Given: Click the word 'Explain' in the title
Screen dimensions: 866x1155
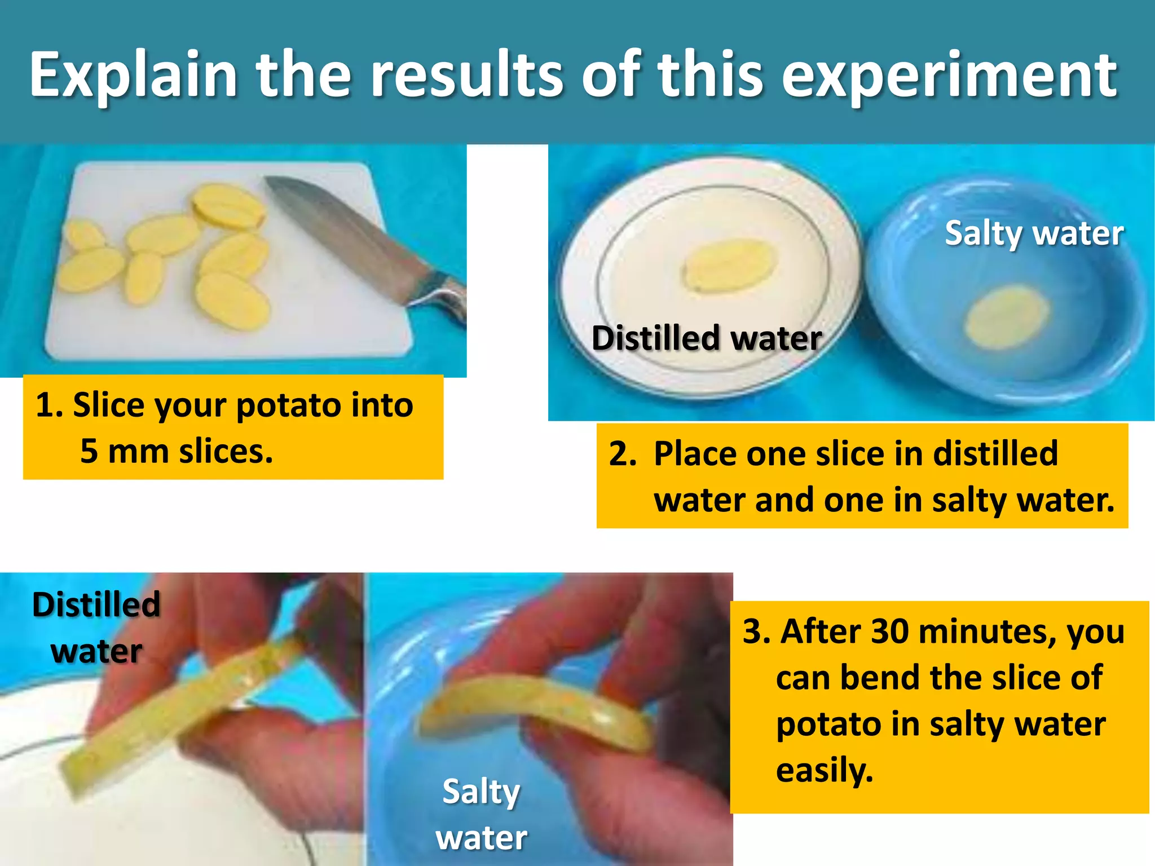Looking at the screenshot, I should (x=133, y=75).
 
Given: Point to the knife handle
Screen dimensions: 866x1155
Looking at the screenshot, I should (x=443, y=293).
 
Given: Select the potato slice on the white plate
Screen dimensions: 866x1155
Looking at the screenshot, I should (x=729, y=265).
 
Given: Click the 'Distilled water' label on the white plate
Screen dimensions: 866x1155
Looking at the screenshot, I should (x=706, y=338).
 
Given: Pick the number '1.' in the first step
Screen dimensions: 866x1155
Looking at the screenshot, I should (x=49, y=405).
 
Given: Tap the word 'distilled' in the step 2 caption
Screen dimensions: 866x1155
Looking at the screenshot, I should (x=995, y=454).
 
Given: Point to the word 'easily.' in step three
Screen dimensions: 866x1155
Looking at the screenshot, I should (x=825, y=770).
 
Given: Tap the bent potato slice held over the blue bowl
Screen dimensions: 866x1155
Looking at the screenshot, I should (x=536, y=708).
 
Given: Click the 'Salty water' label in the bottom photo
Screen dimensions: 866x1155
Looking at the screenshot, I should (x=481, y=814).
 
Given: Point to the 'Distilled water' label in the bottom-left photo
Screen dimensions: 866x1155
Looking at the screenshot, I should (x=96, y=628).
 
